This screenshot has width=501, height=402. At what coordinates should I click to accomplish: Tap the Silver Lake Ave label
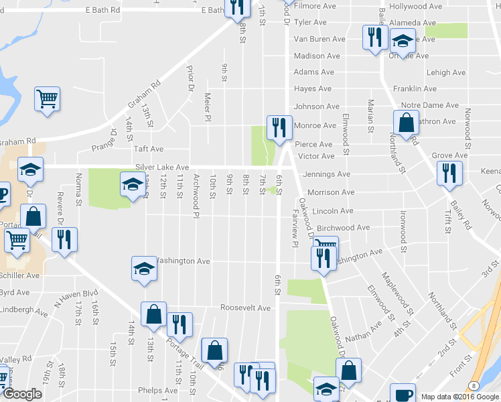click(162, 167)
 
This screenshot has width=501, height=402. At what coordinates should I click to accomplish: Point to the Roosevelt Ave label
click(245, 308)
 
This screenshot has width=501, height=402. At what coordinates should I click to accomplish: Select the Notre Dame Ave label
click(429, 106)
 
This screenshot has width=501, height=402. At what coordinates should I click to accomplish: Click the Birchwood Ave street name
click(343, 228)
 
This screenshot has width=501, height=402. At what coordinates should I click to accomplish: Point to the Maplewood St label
click(398, 285)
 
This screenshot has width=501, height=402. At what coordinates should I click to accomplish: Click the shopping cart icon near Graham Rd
click(48, 100)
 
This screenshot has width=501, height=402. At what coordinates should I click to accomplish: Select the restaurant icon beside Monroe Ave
click(277, 126)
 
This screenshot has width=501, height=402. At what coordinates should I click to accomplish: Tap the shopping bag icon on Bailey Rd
click(406, 123)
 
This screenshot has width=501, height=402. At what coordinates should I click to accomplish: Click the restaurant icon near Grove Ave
click(449, 173)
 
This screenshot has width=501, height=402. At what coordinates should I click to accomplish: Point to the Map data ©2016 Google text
click(461, 397)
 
